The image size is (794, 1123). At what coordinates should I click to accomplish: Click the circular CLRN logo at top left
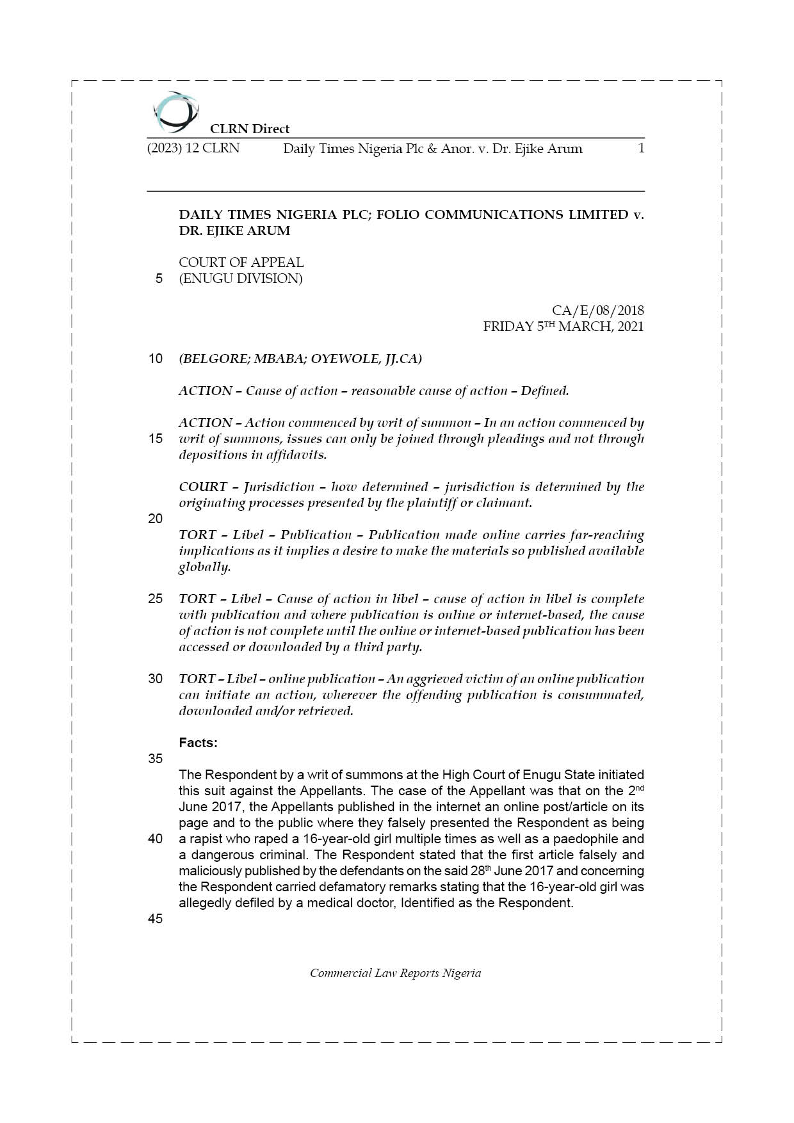tap(175, 111)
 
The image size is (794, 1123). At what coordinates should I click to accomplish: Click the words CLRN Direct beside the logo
tap(250, 129)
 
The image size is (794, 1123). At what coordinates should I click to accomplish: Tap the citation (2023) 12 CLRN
tap(193, 149)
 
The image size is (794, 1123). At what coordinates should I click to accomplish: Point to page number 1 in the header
tap(641, 149)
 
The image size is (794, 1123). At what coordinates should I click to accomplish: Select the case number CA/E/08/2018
tap(597, 311)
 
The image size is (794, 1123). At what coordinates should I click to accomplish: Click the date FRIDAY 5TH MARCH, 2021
tap(563, 327)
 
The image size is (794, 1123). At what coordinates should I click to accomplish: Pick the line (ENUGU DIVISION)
tap(241, 279)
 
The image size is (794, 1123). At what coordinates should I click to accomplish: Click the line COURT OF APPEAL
tap(241, 263)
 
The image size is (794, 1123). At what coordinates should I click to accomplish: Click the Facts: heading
tap(198, 743)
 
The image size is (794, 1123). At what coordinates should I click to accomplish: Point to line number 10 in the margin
tap(156, 359)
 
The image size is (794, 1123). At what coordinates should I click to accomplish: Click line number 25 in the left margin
tap(156, 599)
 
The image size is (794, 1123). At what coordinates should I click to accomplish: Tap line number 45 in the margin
tap(156, 919)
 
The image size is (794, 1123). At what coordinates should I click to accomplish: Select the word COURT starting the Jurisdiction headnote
tap(202, 487)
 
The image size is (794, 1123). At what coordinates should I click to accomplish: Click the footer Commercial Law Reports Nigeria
tap(395, 973)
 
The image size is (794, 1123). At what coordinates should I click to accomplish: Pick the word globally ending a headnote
tap(204, 567)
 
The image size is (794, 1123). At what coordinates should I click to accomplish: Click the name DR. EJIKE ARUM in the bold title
tap(234, 230)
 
